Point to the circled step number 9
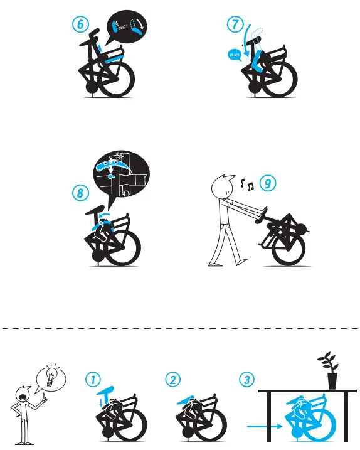click(268, 184)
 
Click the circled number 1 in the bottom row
click(93, 380)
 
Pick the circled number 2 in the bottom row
click(172, 380)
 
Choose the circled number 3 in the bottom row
click(248, 380)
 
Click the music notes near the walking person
click(246, 185)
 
